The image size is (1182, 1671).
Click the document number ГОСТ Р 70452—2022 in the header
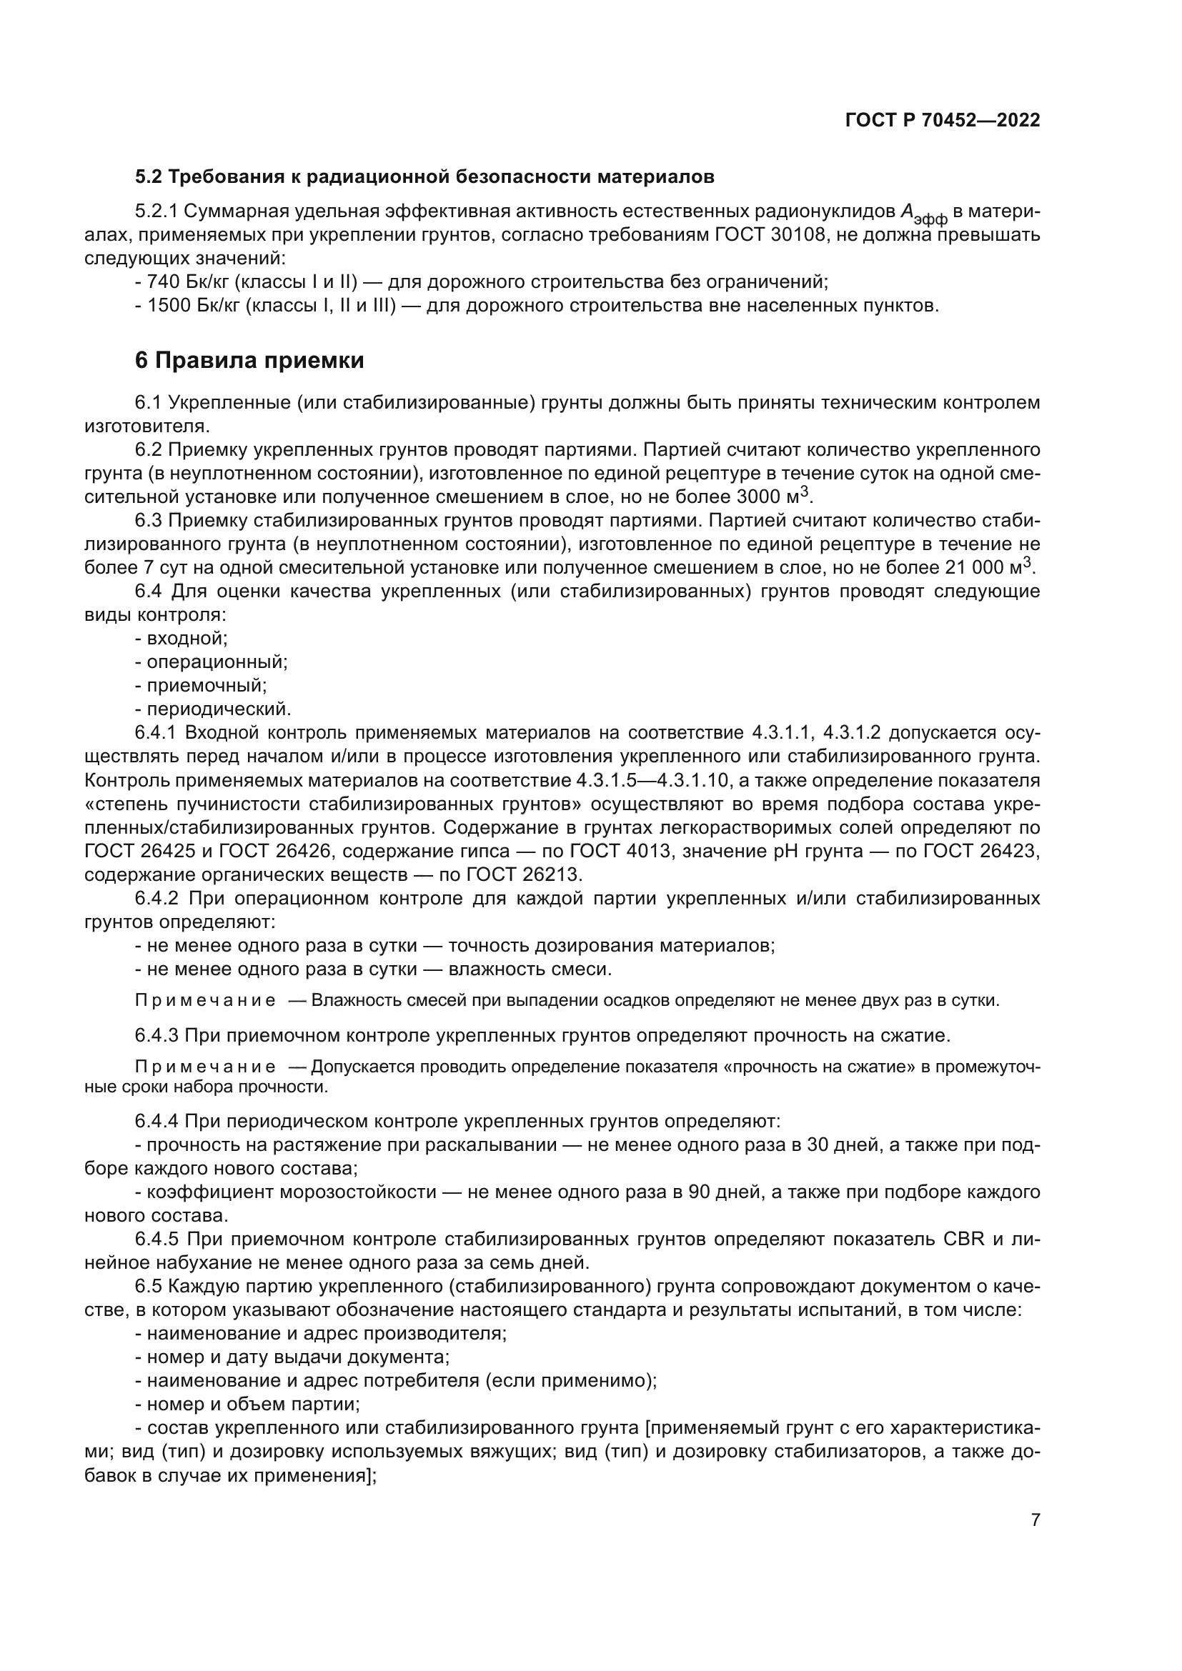coord(942,121)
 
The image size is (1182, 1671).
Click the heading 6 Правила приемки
coord(249,360)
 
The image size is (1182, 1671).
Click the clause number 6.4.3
coord(157,1035)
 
